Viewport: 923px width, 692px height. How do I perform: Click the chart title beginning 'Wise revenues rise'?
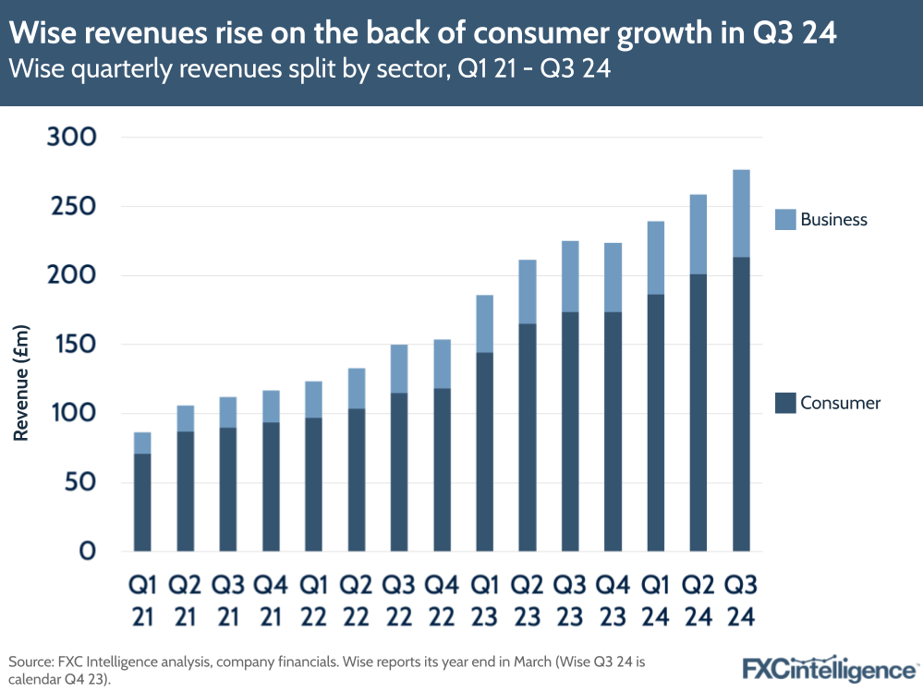coord(423,33)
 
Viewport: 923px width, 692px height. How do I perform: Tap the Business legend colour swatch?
coord(784,219)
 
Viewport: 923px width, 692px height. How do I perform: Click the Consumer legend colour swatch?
coord(784,403)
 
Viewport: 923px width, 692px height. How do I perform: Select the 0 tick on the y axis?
coord(87,552)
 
